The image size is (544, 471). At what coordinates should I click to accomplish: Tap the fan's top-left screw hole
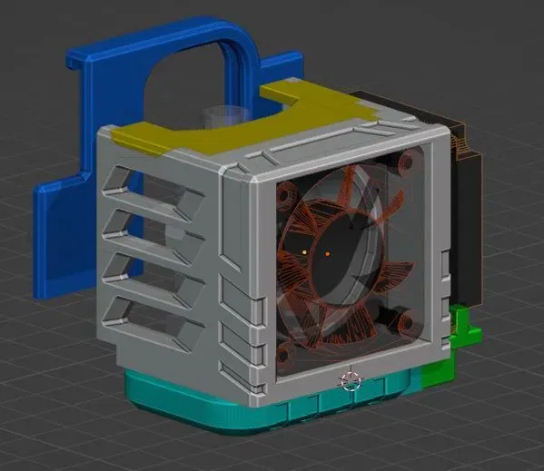(x=285, y=194)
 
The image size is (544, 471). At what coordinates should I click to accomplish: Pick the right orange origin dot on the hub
(x=328, y=253)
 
